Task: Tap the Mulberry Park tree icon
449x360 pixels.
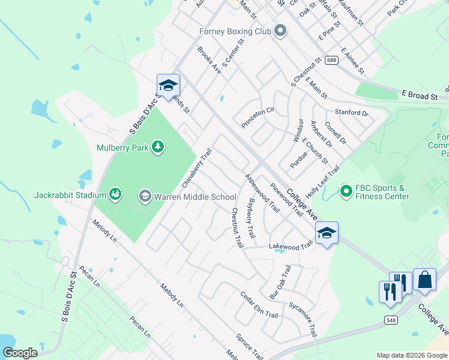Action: coord(157,147)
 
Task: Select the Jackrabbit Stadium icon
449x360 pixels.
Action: coord(115,194)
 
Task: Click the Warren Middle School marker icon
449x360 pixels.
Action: coord(145,196)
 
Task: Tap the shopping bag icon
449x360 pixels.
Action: coord(424,279)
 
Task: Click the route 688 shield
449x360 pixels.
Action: coord(331,60)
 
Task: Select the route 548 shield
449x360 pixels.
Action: coord(391,322)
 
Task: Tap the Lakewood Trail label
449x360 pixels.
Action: coord(291,245)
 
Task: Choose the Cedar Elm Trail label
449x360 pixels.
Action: coord(259,305)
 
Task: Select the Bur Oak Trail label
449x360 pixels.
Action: coord(280,282)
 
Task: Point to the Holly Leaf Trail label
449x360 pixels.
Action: coord(322,179)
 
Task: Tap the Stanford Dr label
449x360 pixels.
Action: coord(352,112)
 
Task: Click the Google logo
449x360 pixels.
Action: coord(20,353)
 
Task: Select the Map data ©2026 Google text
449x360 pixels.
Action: coord(411,355)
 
